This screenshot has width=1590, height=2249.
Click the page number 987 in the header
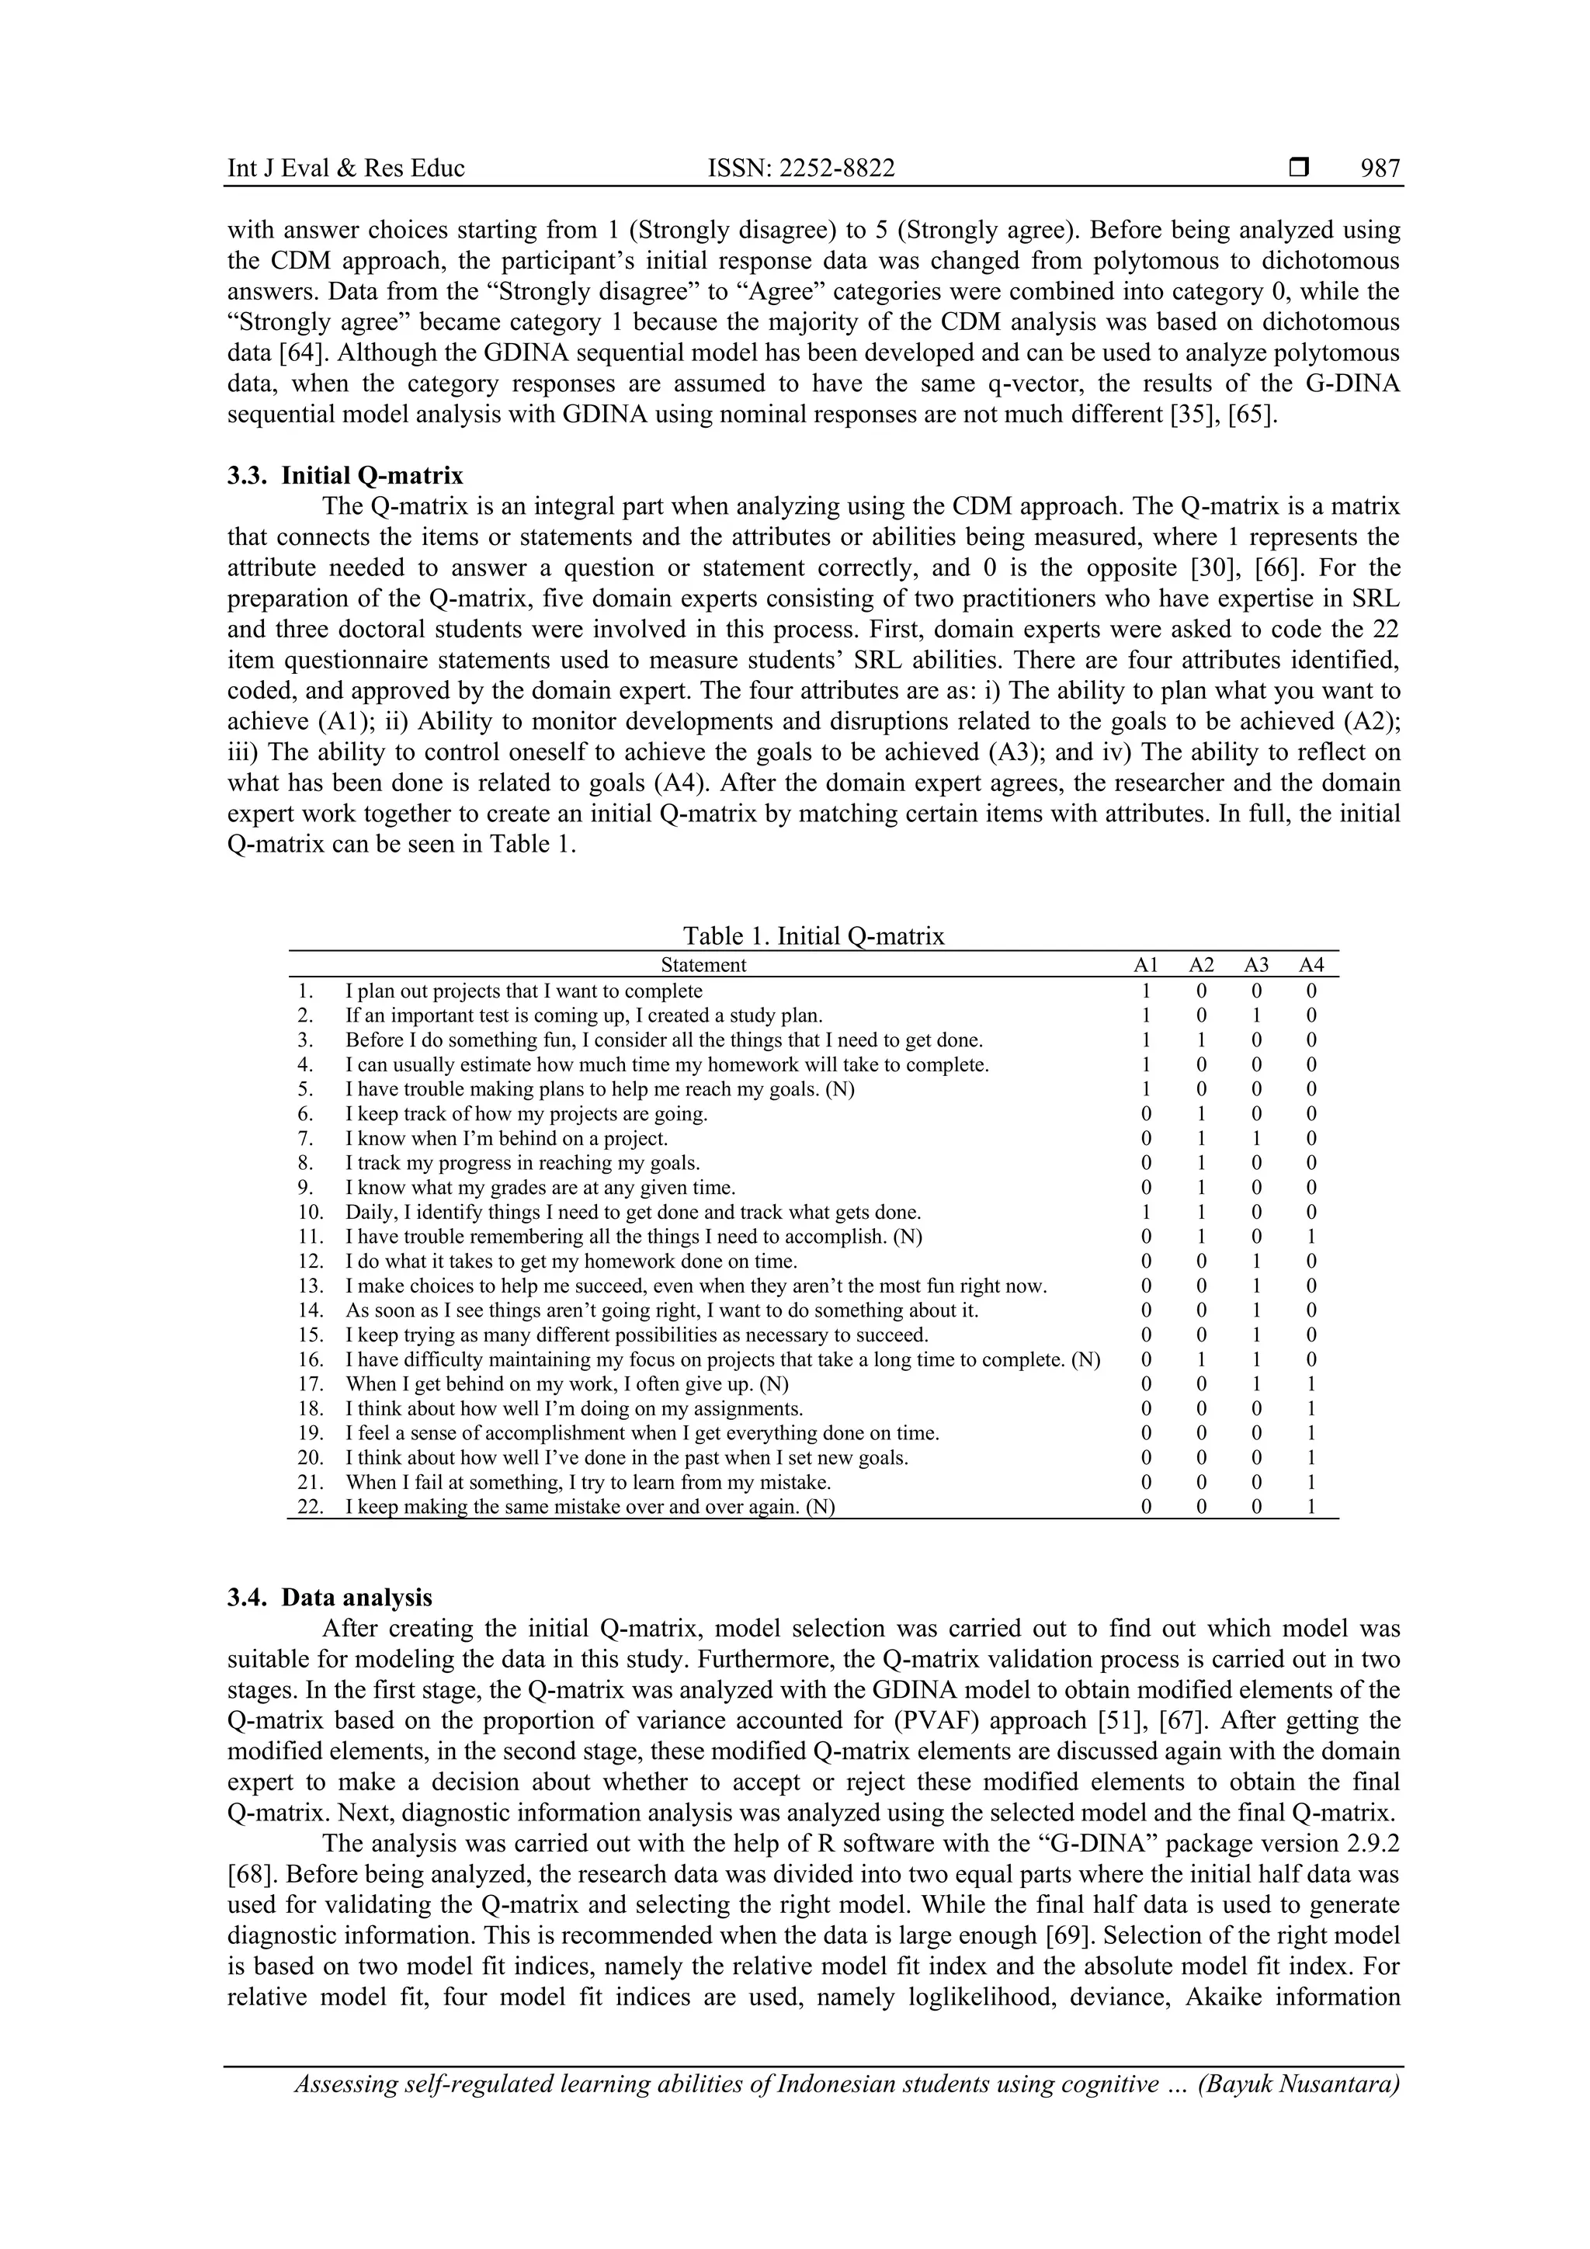pyautogui.click(x=1380, y=168)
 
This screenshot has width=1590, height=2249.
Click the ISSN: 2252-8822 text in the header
pyautogui.click(x=800, y=168)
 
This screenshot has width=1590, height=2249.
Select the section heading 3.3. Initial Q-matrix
pyautogui.click(x=345, y=476)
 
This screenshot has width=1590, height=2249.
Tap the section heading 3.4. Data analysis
pyautogui.click(x=329, y=1597)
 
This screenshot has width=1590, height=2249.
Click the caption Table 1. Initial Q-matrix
pyautogui.click(x=813, y=935)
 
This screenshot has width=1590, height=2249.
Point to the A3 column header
pyautogui.click(x=1256, y=965)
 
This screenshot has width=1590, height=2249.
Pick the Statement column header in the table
pyautogui.click(x=703, y=965)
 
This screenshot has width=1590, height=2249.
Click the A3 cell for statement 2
pyautogui.click(x=1256, y=1015)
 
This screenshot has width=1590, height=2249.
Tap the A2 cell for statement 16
pyautogui.click(x=1201, y=1359)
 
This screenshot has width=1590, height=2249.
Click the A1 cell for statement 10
pyautogui.click(x=1146, y=1213)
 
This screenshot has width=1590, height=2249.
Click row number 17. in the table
pyautogui.click(x=311, y=1384)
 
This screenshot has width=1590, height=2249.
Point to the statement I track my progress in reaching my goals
pyautogui.click(x=522, y=1164)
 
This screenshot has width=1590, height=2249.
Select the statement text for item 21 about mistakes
pyautogui.click(x=588, y=1482)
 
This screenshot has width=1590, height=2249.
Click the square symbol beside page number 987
pyautogui.click(x=1299, y=168)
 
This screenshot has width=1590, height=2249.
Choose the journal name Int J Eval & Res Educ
pyautogui.click(x=345, y=168)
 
